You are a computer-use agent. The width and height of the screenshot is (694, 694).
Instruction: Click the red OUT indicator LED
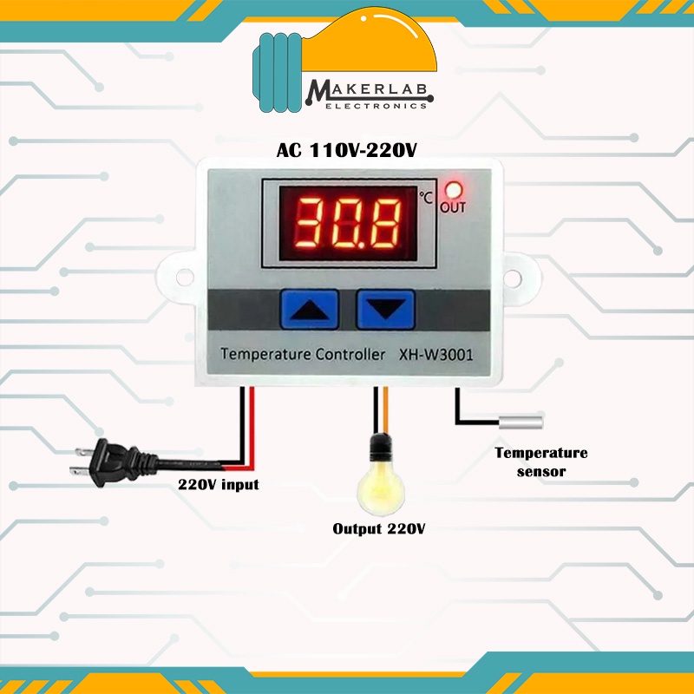(x=452, y=188)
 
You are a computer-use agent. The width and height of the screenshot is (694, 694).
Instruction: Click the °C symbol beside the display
(x=426, y=197)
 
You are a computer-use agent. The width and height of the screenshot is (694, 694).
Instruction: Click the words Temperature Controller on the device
(x=302, y=355)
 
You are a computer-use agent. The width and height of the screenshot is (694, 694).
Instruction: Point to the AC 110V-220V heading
(x=347, y=150)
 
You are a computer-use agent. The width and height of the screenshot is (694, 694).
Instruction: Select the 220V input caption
(x=218, y=484)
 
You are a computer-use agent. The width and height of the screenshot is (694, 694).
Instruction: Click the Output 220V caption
(x=379, y=528)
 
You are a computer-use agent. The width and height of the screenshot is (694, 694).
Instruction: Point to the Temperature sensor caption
(x=540, y=462)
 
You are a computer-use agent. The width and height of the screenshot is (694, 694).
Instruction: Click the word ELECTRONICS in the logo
(x=375, y=106)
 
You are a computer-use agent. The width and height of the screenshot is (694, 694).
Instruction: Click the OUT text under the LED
(x=453, y=207)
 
